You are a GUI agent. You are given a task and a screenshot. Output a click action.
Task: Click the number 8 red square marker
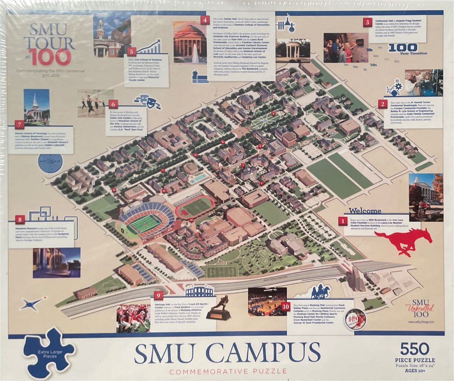coord(20,219)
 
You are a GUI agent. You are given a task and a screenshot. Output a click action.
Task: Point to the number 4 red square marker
coord(205,20)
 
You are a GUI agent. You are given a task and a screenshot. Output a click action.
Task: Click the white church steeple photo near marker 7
coord(36,107)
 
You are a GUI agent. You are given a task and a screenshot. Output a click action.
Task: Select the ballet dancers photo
coord(95,103)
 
